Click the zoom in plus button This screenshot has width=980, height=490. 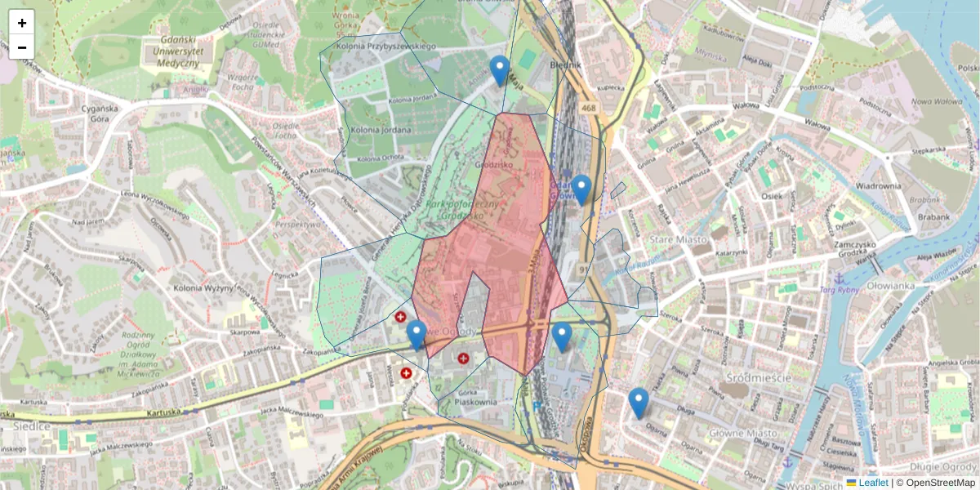coord(22,23)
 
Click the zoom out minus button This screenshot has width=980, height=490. coord(22,47)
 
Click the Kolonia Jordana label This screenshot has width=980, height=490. coord(377,129)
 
